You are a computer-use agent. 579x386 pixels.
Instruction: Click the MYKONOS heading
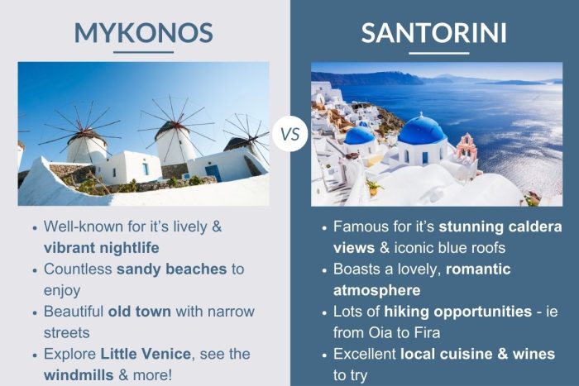coord(143,32)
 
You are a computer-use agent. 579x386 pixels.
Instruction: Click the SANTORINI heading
coord(433,33)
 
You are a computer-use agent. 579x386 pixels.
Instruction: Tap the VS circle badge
coord(289,133)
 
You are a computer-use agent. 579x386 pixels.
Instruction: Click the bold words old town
coord(140,312)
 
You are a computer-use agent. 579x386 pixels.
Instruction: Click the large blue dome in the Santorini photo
coord(421,130)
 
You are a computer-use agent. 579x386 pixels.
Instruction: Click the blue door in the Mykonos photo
coord(213,171)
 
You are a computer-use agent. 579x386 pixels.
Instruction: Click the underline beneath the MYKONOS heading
coord(143,52)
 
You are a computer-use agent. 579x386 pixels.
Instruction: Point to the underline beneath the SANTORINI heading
coord(433,53)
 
